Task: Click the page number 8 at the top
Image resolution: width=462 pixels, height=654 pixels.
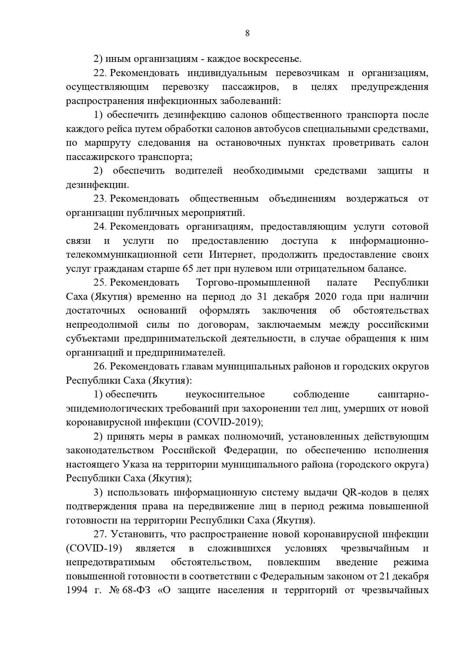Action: (x=247, y=33)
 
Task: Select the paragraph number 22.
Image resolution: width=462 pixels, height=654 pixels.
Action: (x=100, y=73)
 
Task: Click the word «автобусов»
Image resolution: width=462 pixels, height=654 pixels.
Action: (x=277, y=129)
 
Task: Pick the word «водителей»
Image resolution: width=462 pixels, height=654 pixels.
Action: (x=199, y=171)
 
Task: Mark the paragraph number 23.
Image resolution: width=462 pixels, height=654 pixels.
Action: (x=100, y=199)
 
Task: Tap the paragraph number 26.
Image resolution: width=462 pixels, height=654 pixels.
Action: (x=100, y=367)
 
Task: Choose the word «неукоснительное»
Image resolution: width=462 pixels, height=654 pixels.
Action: (x=225, y=394)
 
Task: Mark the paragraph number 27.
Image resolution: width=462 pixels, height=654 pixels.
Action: (x=100, y=534)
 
